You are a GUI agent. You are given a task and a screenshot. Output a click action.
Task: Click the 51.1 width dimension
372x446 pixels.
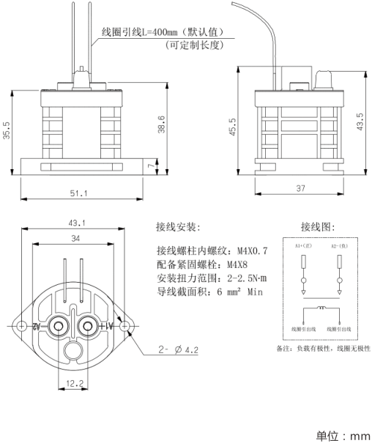(78, 193)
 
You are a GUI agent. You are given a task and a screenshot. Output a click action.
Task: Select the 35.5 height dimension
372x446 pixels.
(7, 133)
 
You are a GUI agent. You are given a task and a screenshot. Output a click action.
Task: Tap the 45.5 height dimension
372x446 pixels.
(234, 127)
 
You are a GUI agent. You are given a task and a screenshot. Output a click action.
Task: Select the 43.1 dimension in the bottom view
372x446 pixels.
(77, 223)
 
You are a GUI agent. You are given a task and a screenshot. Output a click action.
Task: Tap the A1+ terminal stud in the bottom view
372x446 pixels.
(89, 325)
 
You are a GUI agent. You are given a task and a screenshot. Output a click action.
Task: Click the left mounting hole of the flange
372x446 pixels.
(23, 325)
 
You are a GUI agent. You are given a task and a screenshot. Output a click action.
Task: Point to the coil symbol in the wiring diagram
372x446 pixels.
(321, 309)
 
